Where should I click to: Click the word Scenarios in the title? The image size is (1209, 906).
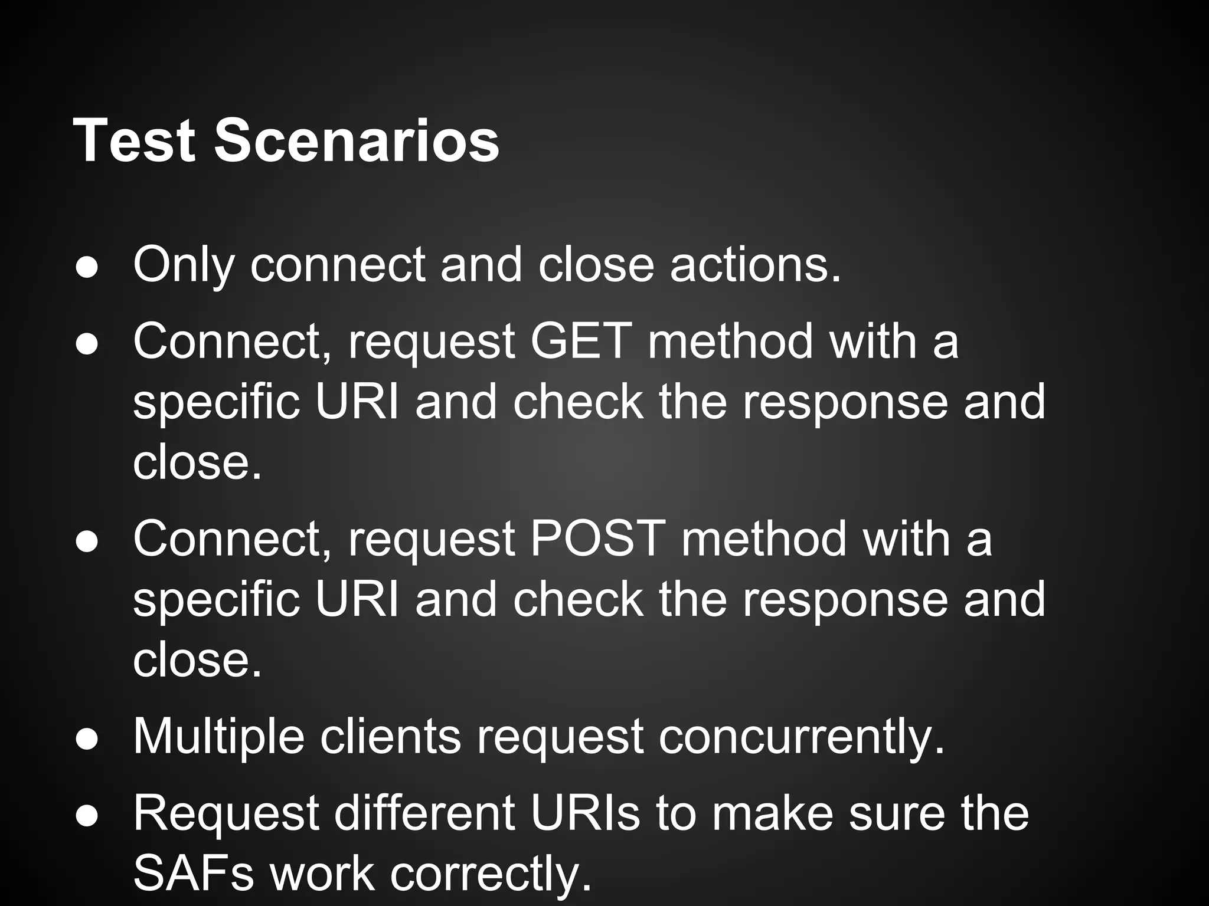tap(357, 141)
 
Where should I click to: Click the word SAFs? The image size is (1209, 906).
tap(194, 874)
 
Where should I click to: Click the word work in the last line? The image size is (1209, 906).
tap(322, 874)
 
